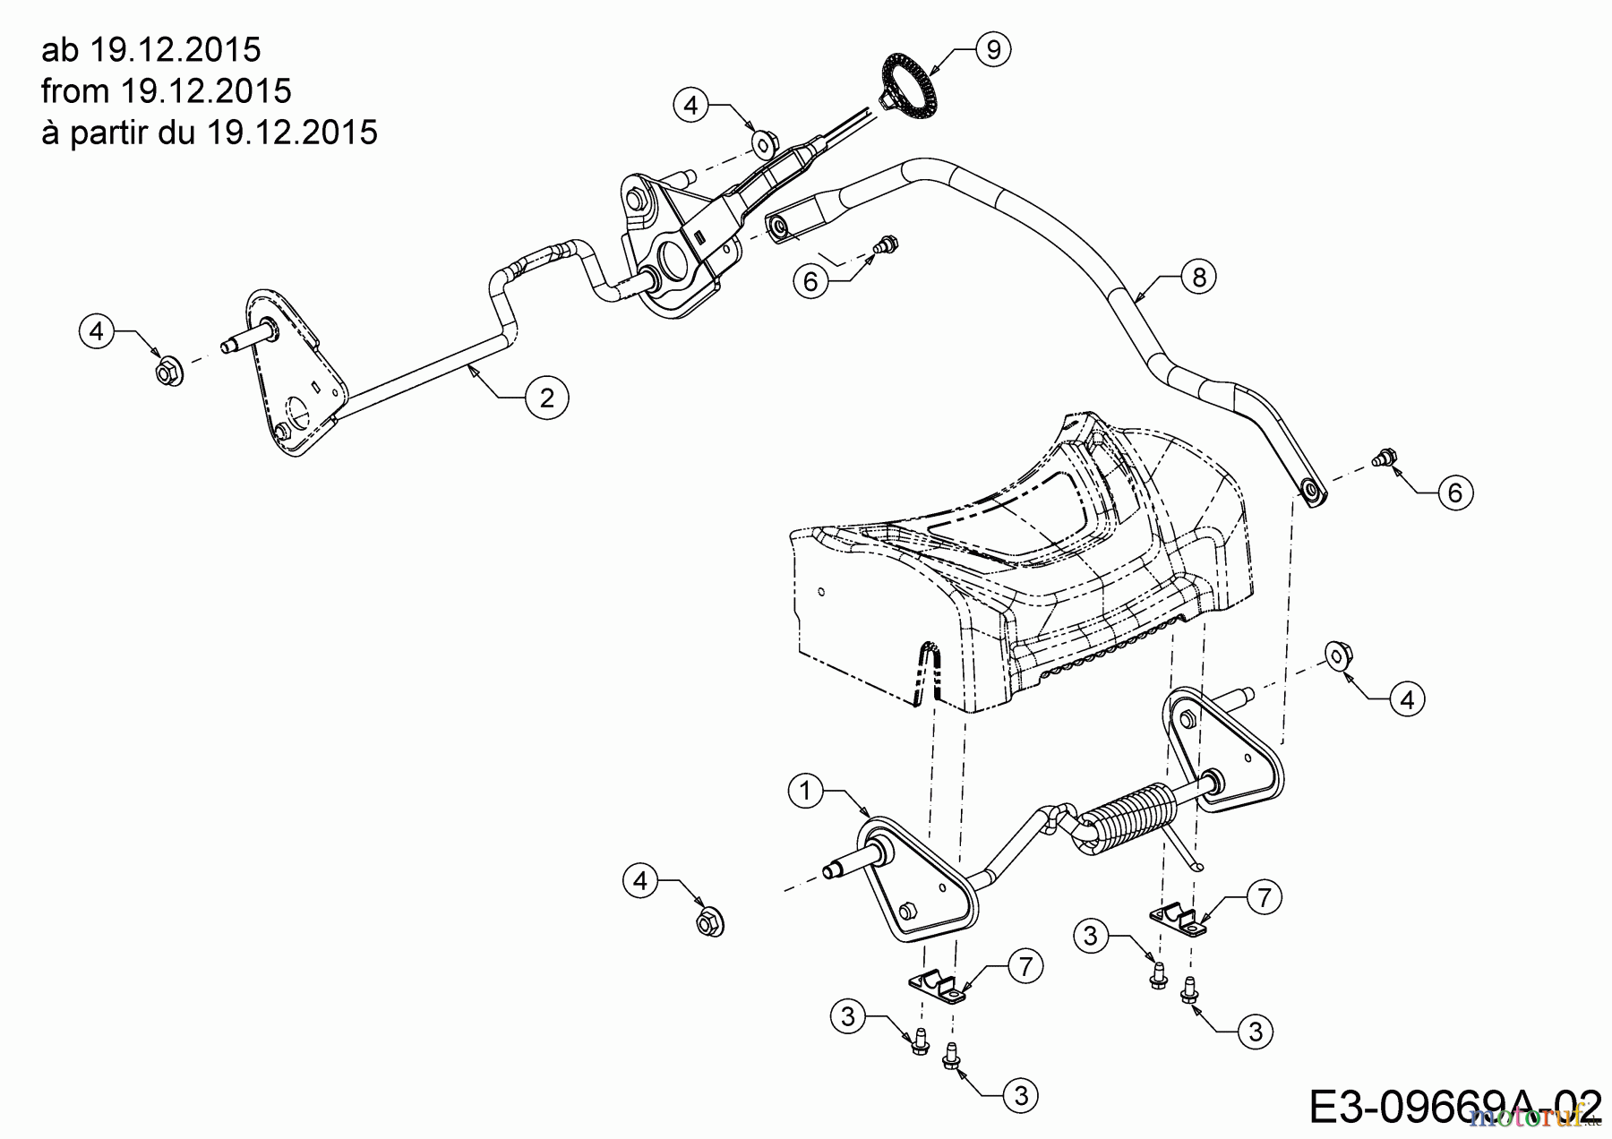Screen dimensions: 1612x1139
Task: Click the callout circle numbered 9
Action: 992,50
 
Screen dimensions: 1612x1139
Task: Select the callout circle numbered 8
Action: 1199,278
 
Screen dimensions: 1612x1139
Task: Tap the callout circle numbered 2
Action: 547,397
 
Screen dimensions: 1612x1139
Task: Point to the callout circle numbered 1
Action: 806,792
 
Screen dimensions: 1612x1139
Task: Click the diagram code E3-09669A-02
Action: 1455,1107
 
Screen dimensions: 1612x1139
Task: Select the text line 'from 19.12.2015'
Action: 167,90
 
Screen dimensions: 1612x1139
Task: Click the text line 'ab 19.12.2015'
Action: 151,49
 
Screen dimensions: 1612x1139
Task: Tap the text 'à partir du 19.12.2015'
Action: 210,133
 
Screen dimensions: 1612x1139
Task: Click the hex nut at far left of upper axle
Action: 168,370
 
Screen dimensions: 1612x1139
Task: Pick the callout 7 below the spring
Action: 1264,896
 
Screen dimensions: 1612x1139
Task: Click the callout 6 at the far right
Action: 1454,492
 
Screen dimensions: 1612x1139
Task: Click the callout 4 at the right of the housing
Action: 1407,699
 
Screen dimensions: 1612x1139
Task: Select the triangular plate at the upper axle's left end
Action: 290,373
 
